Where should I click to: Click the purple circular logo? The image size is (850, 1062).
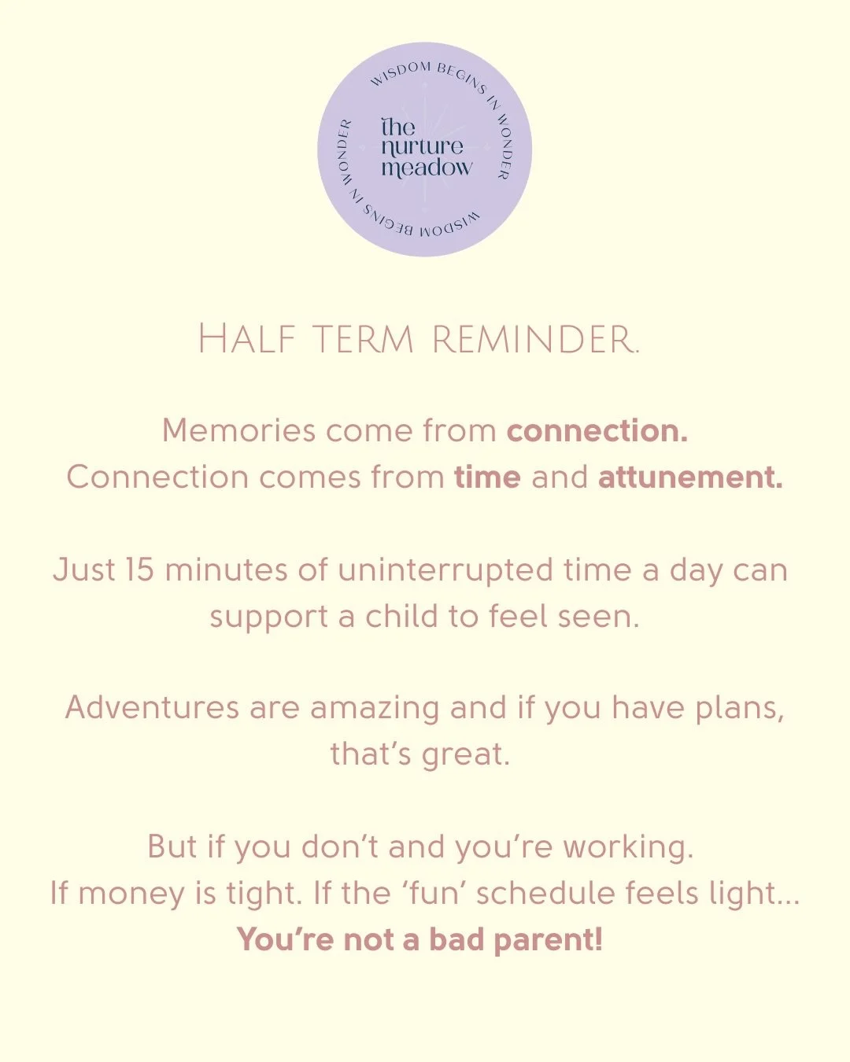point(425,149)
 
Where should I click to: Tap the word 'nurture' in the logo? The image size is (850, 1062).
point(422,147)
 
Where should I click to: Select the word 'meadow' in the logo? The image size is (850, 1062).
point(427,168)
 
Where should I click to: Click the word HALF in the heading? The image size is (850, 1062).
point(246,340)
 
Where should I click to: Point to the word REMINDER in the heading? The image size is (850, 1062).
point(535,340)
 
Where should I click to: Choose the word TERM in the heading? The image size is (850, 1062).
point(363,340)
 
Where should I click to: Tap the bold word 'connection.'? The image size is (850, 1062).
point(597,431)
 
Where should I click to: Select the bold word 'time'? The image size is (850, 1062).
point(487,478)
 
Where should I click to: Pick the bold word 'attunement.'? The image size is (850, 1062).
point(690,478)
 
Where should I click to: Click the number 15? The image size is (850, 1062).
point(139,570)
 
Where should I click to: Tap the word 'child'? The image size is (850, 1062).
point(402,617)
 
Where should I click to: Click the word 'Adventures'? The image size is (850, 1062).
point(152,708)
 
